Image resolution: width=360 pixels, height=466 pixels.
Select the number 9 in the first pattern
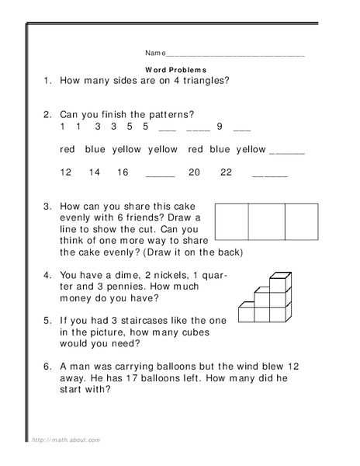click(x=220, y=126)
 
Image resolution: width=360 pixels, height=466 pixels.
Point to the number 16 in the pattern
click(x=123, y=172)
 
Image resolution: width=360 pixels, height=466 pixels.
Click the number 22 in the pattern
click(x=226, y=172)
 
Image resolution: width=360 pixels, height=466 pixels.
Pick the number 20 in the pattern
click(x=194, y=172)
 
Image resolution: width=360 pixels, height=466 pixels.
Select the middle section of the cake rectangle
click(x=266, y=221)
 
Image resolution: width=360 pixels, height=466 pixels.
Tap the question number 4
click(x=47, y=275)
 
